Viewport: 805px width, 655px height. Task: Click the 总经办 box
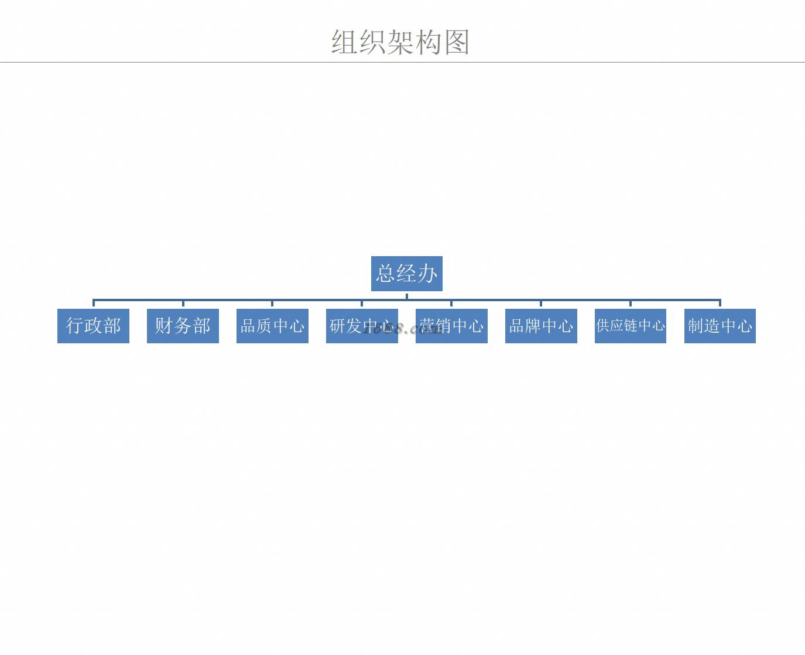point(406,273)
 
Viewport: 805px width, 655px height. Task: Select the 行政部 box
point(93,326)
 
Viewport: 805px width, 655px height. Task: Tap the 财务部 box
point(183,326)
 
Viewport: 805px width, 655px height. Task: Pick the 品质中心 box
point(272,326)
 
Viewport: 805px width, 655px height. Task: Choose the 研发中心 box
point(362,326)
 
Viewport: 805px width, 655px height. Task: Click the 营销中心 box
point(451,326)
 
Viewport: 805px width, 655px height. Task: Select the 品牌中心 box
point(541,326)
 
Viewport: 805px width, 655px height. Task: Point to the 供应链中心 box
point(631,326)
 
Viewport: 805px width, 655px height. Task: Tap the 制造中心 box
point(720,326)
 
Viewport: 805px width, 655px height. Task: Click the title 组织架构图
point(400,42)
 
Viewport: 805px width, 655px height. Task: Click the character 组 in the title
point(345,42)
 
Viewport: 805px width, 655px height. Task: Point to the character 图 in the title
point(457,42)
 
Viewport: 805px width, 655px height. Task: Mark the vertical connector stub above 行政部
point(94,304)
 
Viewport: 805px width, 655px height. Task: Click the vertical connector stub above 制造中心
point(720,304)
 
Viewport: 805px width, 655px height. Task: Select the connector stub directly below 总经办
point(407,295)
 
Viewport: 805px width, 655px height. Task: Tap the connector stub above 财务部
point(183,304)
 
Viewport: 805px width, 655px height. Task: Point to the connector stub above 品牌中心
point(541,304)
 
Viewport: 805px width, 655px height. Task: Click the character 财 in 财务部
point(164,326)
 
